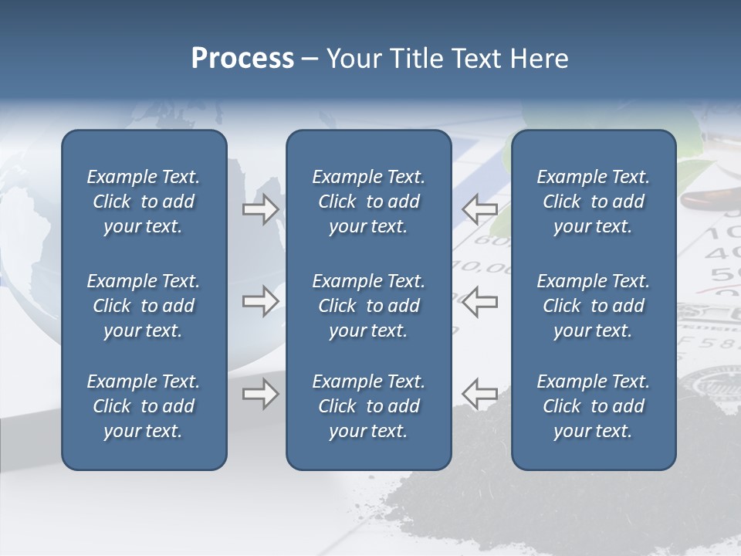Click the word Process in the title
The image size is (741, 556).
coord(242,59)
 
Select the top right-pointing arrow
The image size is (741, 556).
coord(261,209)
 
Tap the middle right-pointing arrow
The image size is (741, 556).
coord(261,301)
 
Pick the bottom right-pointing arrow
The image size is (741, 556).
coord(261,394)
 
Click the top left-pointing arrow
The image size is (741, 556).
coord(479,209)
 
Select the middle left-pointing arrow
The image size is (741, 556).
coord(479,301)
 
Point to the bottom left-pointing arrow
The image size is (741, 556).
coord(479,394)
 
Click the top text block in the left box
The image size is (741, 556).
coord(144,202)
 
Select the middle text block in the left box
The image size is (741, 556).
coord(144,306)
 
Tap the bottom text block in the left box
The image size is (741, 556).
coord(144,406)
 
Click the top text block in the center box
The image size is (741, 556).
coord(368,202)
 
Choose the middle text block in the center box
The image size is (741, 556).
coord(368,306)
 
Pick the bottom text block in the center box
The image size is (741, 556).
coord(368,406)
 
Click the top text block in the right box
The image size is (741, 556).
coord(593,202)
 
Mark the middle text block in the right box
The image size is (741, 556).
coord(593,306)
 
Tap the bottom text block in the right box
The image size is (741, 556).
coord(593,406)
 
